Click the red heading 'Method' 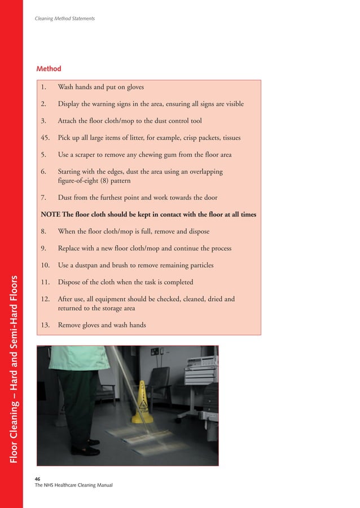(x=49, y=69)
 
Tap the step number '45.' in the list (x=47, y=138)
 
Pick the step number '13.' (x=47, y=325)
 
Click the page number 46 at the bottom (x=38, y=478)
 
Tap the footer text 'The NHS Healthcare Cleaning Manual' (x=74, y=485)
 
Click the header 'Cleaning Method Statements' (x=65, y=19)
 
